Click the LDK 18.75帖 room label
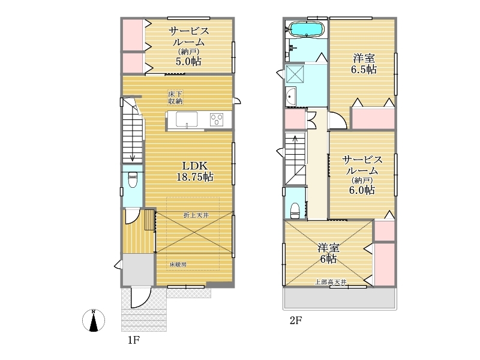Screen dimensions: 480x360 point(194,172)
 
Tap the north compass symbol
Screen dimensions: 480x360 point(94,320)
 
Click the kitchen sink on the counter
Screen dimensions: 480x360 point(187,119)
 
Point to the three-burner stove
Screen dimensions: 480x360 point(217,119)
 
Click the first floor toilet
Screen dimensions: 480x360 point(133,179)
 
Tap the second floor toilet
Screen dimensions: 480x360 point(295,211)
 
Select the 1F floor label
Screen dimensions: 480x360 point(134,340)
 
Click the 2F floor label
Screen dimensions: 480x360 point(296,320)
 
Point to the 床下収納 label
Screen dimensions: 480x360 point(175,97)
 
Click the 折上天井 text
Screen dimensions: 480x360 point(196,215)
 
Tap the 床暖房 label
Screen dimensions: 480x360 point(178,265)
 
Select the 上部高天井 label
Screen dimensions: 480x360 point(331,282)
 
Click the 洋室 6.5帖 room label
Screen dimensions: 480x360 point(364,64)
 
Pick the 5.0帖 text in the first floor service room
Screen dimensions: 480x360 point(188,62)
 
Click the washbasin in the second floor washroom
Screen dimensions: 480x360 point(290,97)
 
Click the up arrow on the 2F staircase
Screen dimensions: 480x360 point(295,147)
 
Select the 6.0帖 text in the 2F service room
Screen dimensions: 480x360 point(362,190)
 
